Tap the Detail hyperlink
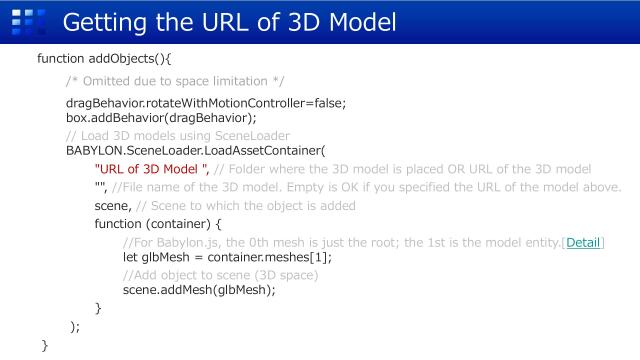pyautogui.click(x=585, y=242)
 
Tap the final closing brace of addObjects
pyautogui.click(x=44, y=345)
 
